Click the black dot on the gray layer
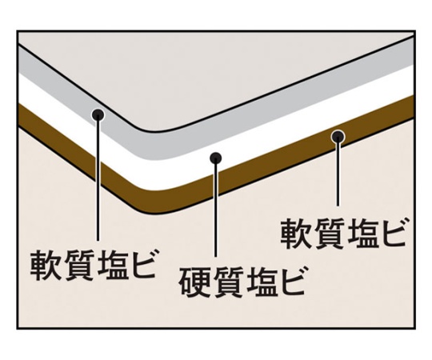click(x=98, y=114)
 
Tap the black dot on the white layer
click(x=215, y=158)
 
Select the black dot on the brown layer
click(x=338, y=136)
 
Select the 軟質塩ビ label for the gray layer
click(x=93, y=265)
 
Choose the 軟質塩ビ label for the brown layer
click(x=343, y=233)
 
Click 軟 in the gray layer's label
click(x=45, y=265)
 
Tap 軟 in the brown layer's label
click(x=296, y=233)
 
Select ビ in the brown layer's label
click(x=392, y=232)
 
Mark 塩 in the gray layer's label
click(x=110, y=265)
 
